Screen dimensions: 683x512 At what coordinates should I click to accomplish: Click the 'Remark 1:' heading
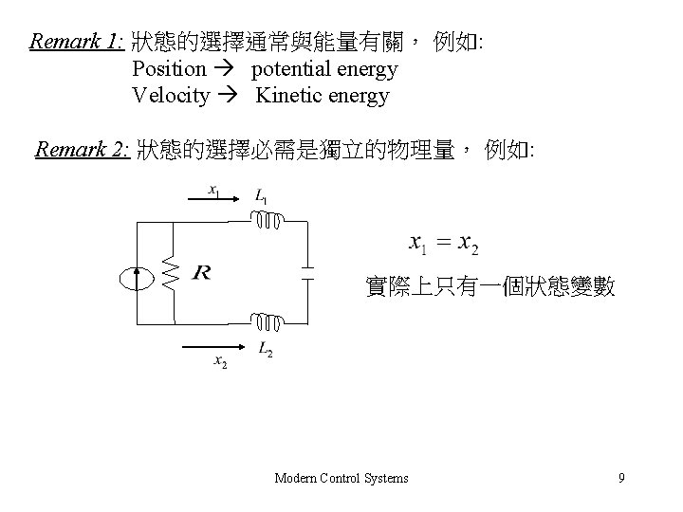tap(77, 43)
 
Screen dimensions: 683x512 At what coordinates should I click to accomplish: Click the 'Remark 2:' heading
tap(82, 150)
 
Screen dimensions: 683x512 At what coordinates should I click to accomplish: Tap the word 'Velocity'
tap(171, 96)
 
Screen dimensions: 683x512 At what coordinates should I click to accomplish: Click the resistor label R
tap(201, 274)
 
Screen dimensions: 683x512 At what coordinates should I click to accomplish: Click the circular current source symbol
tap(137, 277)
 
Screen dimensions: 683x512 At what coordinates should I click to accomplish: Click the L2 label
tap(266, 351)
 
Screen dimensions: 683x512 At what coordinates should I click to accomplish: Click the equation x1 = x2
tap(443, 245)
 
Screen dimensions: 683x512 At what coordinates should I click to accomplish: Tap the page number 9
tap(621, 478)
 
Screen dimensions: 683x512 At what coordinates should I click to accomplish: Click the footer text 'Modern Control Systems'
tap(341, 478)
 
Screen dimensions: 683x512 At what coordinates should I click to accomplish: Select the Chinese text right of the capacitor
tap(490, 286)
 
